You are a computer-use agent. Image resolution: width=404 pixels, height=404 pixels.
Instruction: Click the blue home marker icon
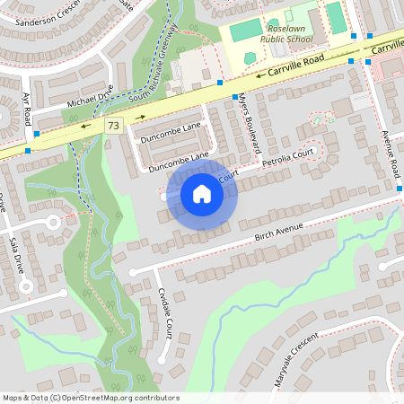[202, 194]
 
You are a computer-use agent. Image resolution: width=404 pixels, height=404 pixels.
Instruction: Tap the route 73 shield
[113, 127]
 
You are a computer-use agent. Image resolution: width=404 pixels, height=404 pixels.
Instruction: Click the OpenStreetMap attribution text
[91, 398]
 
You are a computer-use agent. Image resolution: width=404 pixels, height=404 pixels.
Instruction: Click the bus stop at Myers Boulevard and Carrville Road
[235, 97]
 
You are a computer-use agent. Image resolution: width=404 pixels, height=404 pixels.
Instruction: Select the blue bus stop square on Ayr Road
[37, 133]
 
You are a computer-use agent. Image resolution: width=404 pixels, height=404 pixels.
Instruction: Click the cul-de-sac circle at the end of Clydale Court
[162, 360]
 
